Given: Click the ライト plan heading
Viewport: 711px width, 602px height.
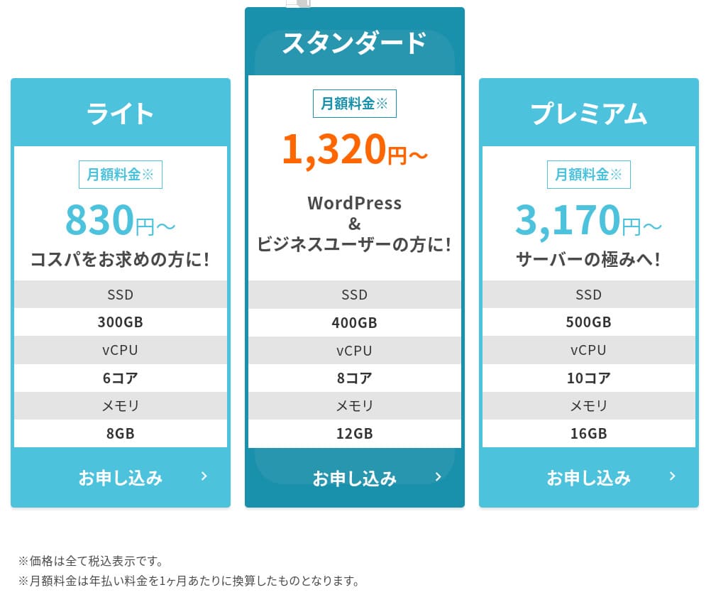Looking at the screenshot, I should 120,114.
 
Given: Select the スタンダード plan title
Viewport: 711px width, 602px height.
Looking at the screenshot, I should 354,43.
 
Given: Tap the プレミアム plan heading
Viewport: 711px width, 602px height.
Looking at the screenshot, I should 588,114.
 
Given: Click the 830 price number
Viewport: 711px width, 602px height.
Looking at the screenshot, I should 99,220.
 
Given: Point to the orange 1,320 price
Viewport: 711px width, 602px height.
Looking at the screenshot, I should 334,149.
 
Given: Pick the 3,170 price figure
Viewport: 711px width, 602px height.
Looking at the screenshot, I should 568,220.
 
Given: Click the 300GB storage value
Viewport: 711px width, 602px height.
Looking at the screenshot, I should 120,322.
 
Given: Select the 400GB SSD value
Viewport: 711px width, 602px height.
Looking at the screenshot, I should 354,322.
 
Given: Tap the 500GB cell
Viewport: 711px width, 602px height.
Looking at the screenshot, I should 588,322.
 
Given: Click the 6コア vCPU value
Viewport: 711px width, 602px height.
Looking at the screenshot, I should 120,378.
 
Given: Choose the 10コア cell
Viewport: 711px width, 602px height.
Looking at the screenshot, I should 588,378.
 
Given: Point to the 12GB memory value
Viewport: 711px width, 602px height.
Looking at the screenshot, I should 354,433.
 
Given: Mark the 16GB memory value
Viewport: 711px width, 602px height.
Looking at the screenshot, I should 588,433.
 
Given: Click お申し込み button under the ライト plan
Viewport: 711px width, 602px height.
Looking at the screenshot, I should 121,478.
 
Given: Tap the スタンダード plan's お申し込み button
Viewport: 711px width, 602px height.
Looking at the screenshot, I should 354,478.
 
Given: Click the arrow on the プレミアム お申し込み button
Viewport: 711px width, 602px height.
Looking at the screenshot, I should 672,476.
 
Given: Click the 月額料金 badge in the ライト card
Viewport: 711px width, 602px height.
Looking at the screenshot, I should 120,175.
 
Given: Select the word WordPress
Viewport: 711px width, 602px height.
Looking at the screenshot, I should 354,203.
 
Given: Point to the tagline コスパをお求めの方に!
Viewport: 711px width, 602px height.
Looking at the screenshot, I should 120,259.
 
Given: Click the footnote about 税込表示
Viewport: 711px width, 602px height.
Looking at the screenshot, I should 91,562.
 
